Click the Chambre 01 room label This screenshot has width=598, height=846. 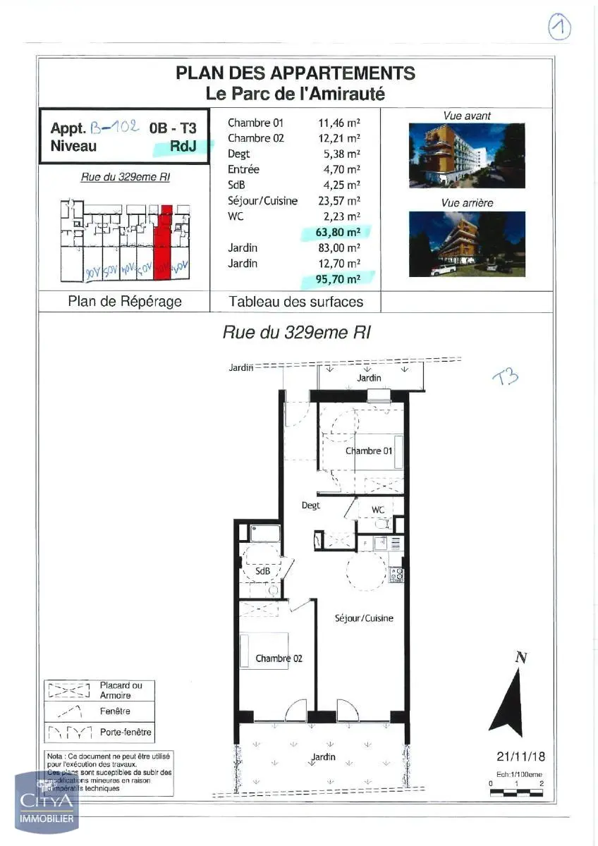coord(368,450)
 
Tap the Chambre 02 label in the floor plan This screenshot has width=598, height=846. coord(279,658)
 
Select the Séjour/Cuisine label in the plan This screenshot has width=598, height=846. coord(363,618)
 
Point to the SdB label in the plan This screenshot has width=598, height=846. coord(263,571)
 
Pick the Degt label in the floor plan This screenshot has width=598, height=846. coord(310,505)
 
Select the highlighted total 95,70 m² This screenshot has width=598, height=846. coord(337,279)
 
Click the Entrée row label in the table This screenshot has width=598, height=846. coord(243,169)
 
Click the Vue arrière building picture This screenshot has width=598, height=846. coord(467,244)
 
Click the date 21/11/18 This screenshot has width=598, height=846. coord(520,756)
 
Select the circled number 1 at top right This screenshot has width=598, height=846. coord(559,28)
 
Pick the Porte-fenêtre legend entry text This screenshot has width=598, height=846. coord(126,732)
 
